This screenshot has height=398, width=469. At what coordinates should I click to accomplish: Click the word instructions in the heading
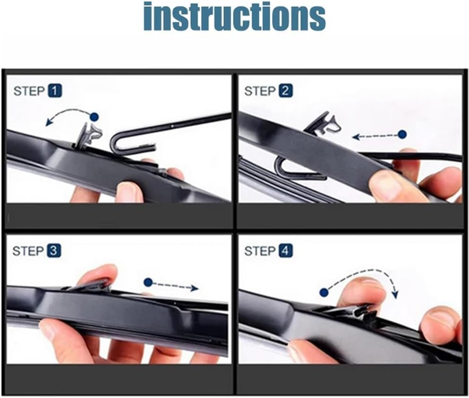(234, 16)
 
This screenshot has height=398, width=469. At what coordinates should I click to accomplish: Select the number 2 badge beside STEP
(286, 91)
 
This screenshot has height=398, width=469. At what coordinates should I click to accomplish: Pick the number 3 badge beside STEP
(54, 251)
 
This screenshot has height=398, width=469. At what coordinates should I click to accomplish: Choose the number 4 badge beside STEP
(286, 251)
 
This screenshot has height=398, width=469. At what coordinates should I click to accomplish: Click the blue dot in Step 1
(95, 117)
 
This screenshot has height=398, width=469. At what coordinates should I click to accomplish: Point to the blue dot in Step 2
(402, 134)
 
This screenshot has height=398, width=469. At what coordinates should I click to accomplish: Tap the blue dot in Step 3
(148, 282)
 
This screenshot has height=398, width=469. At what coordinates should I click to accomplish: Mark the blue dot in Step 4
(324, 292)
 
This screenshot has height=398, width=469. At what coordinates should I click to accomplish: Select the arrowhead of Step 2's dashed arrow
(356, 137)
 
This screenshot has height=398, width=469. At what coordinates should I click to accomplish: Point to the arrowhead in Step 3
(195, 288)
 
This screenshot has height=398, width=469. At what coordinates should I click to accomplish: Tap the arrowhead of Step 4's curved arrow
(395, 294)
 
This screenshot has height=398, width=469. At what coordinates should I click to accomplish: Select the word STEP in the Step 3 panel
(28, 251)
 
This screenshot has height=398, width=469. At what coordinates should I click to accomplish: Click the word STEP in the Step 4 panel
(260, 251)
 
